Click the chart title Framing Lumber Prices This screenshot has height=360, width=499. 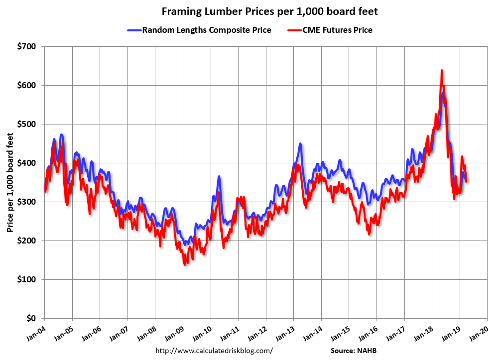click(x=249, y=11)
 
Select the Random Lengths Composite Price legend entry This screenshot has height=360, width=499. click(x=206, y=30)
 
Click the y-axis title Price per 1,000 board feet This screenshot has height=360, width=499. click(x=10, y=182)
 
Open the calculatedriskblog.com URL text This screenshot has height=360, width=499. click(x=214, y=351)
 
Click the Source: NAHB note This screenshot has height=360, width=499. click(x=357, y=351)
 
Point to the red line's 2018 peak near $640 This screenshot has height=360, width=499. click(x=441, y=71)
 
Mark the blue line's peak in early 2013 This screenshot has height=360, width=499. click(x=300, y=144)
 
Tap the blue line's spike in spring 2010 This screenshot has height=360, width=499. click(x=219, y=176)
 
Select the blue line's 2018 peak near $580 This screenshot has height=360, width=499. click(x=443, y=93)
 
